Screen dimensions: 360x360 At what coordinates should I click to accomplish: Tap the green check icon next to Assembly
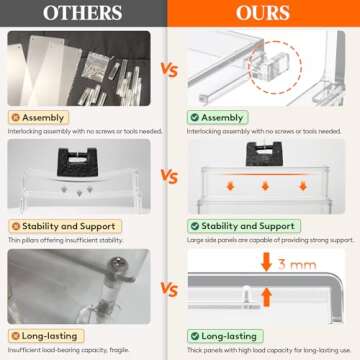[x=197, y=117]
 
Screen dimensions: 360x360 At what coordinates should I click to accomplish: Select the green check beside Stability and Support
[x=197, y=226]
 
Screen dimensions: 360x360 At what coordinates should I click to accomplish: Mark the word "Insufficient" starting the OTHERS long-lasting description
[x=23, y=349]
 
